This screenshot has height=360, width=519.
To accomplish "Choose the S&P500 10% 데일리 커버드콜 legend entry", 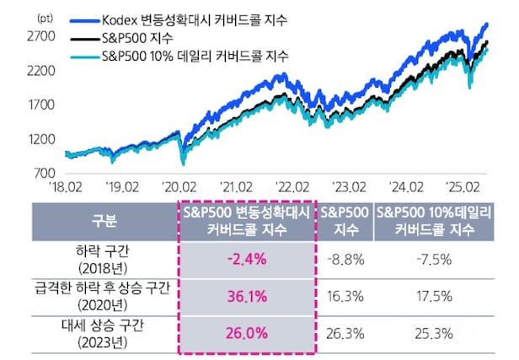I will pyautogui.click(x=194, y=56).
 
